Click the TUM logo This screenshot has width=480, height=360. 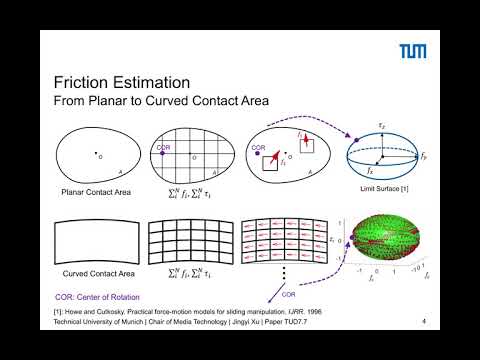tap(414, 50)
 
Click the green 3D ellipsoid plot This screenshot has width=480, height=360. tap(384, 243)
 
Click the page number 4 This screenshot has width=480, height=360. tap(424, 322)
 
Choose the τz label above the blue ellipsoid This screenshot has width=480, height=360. tap(381, 125)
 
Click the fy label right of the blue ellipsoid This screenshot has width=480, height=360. tap(424, 157)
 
